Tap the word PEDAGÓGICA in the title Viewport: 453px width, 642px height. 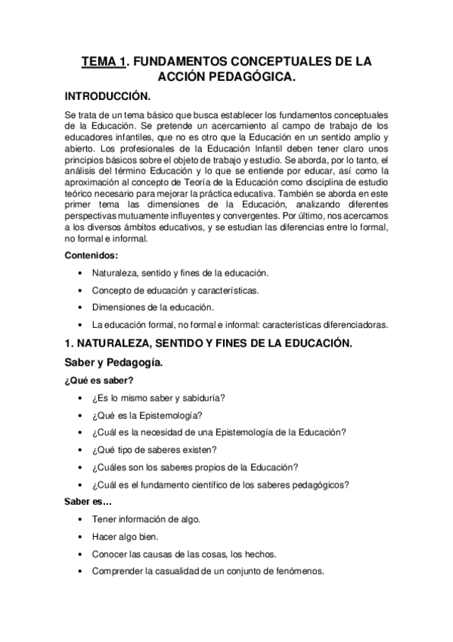click(251, 77)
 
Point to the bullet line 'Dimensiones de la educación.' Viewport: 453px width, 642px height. click(153, 307)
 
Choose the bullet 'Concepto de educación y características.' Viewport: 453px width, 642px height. click(175, 290)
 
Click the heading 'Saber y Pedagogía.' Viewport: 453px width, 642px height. click(114, 363)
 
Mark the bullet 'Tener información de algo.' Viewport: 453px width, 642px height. click(147, 519)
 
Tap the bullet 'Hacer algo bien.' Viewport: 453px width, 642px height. click(126, 537)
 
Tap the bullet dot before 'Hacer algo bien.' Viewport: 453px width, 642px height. click(81, 537)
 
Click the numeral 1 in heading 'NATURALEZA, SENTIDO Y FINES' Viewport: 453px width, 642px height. click(69, 344)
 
